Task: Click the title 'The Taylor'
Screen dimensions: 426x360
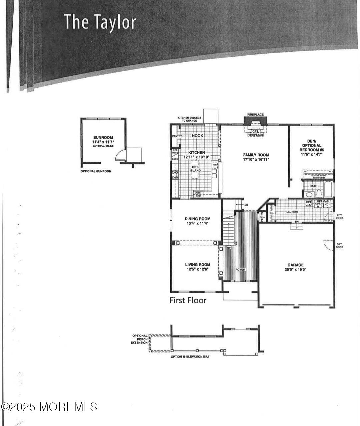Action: click(100, 22)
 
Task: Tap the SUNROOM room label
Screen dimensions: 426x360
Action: click(103, 137)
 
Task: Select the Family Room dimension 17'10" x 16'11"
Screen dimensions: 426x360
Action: click(256, 159)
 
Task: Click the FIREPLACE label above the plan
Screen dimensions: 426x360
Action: click(255, 115)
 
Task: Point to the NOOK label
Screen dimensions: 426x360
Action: click(197, 136)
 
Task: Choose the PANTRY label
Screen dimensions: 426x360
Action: click(176, 136)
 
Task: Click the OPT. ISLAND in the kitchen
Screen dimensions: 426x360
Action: click(195, 169)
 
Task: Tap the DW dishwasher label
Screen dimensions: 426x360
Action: click(215, 165)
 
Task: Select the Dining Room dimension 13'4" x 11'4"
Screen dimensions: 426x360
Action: click(197, 223)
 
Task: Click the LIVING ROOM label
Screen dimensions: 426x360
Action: click(198, 265)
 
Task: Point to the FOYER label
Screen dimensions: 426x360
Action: click(240, 269)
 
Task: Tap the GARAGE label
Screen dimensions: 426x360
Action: click(295, 265)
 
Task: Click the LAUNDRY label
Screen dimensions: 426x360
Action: click(292, 212)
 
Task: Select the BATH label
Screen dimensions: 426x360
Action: click(313, 186)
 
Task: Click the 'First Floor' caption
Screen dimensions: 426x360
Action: click(188, 300)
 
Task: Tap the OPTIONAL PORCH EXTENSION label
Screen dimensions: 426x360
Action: click(139, 339)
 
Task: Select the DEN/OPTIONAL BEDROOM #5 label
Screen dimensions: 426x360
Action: click(312, 145)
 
